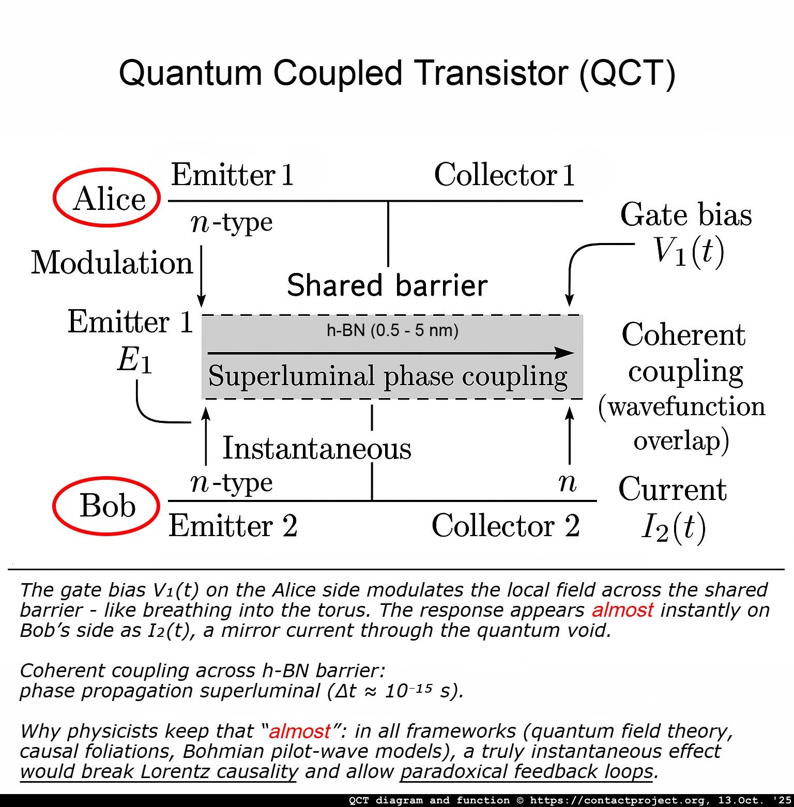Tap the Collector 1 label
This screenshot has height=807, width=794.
pos(505,175)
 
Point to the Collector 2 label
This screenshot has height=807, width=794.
pos(505,526)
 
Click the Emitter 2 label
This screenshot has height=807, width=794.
pos(233,526)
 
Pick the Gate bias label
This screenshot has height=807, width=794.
pos(686,215)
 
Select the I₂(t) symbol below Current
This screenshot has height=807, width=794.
pos(674,528)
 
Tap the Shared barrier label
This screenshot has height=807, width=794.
pos(387,285)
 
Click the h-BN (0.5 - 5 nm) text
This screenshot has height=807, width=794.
pos(392,330)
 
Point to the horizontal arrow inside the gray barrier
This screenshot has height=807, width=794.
pos(390,353)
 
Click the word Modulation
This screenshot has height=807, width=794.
pos(112,263)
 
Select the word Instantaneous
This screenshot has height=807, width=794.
pos(316,448)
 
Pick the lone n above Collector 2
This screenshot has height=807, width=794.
pos(567,483)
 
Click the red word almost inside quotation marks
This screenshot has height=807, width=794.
pos(299,731)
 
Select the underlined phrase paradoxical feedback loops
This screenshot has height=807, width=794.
pos(526,771)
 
